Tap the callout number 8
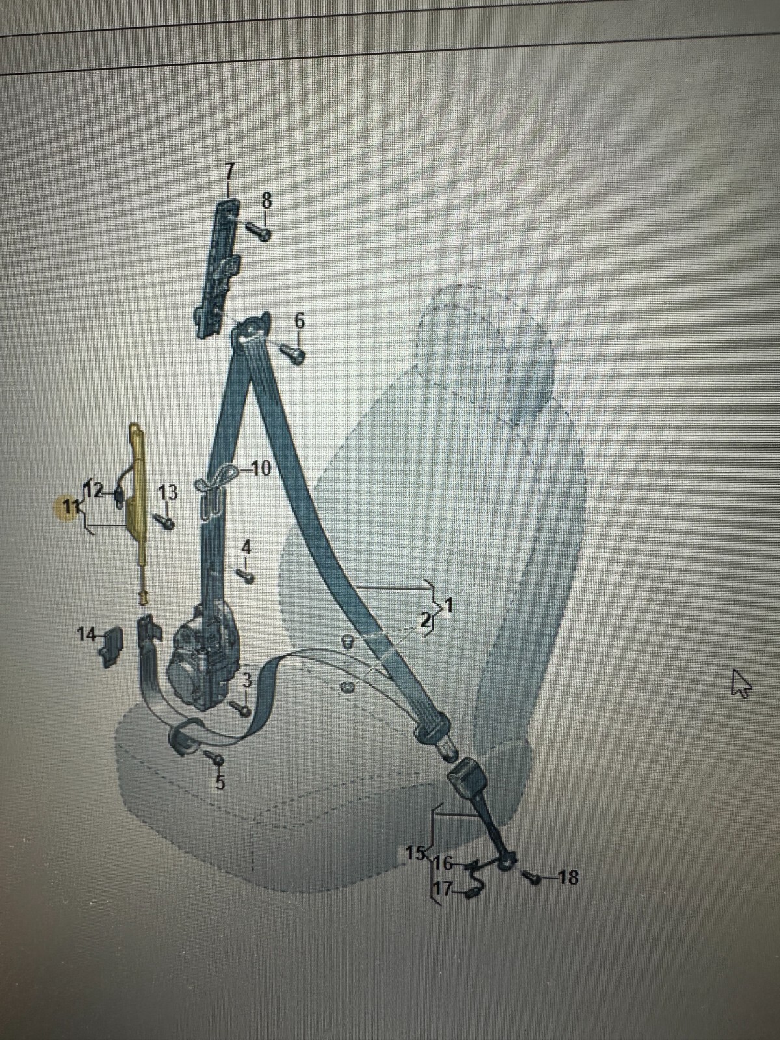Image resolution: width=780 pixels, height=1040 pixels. [266, 200]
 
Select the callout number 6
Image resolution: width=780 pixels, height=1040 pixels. [298, 320]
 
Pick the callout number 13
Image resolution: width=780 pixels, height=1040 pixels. [168, 492]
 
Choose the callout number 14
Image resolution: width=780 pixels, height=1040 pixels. [85, 634]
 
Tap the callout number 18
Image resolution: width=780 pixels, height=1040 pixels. [567, 877]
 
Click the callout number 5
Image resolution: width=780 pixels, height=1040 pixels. [220, 782]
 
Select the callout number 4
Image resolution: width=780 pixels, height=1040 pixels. [246, 547]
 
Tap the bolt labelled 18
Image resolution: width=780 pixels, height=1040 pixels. [534, 879]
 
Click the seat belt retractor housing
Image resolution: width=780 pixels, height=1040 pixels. [198, 669]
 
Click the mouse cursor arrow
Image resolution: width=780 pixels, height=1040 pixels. [740, 684]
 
